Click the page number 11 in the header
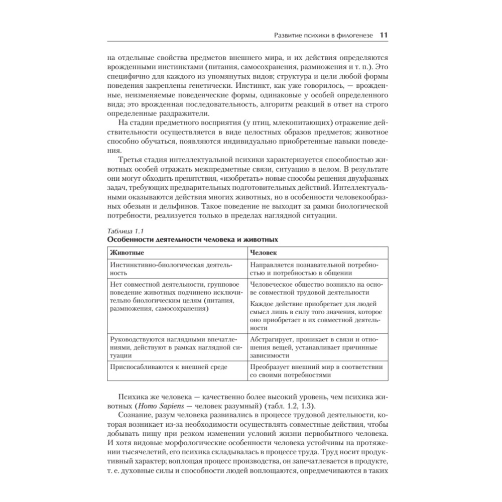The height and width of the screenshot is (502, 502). (384, 35)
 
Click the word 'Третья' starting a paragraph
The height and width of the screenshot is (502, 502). (132, 159)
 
